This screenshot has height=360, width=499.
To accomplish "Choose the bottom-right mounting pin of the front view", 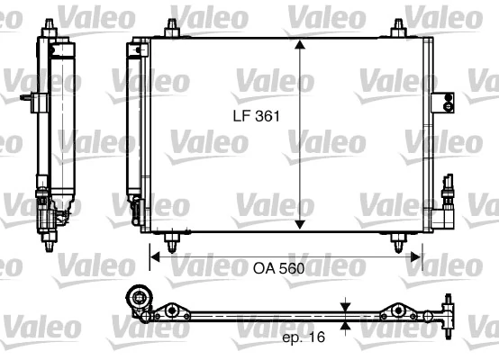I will coord(395,239).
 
